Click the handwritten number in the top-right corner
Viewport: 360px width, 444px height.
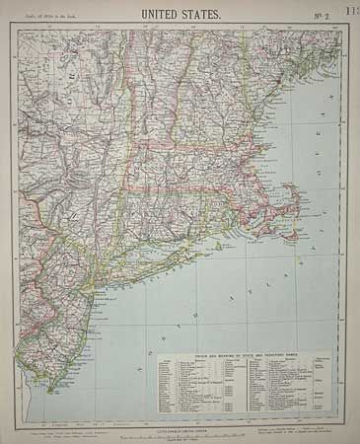(350, 9)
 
